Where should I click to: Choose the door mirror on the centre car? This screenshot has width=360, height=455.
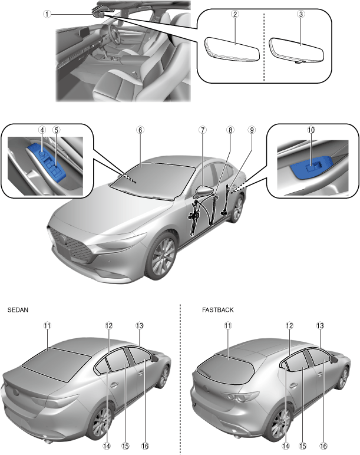203,194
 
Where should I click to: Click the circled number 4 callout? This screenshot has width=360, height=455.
42,129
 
